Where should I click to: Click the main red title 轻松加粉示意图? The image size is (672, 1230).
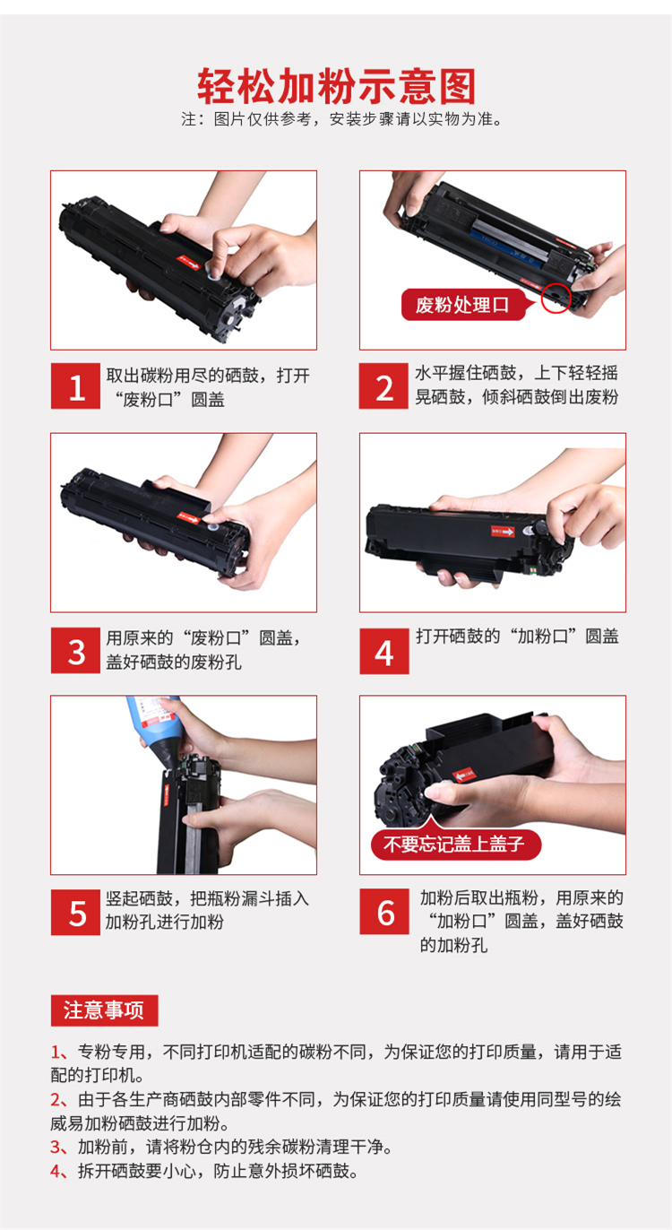(x=336, y=86)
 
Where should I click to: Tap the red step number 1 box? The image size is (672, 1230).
(x=75, y=386)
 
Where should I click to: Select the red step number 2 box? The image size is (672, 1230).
(x=383, y=386)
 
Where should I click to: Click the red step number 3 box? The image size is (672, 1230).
(x=75, y=651)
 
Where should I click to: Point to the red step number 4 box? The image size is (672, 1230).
(x=384, y=651)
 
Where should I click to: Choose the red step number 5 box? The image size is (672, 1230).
(x=75, y=912)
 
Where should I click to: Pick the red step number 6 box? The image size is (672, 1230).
(x=384, y=912)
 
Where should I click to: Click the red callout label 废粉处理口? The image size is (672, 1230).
(x=464, y=305)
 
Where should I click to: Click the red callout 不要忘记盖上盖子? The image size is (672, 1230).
(x=456, y=844)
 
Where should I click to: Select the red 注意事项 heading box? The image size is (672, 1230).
(x=104, y=1010)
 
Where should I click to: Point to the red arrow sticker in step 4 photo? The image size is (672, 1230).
(x=503, y=531)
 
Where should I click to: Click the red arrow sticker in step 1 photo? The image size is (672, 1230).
(x=188, y=263)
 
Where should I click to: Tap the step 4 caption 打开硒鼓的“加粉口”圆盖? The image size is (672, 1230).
(x=517, y=637)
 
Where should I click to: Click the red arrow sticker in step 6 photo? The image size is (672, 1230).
(x=464, y=775)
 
